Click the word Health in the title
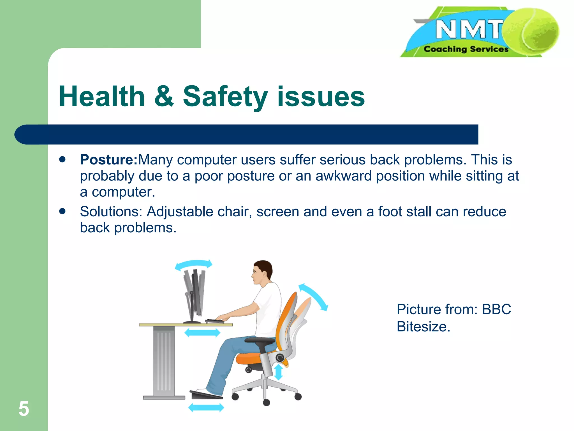click(x=102, y=97)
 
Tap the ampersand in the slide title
click(x=164, y=97)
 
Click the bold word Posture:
click(x=108, y=160)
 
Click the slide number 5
click(x=24, y=409)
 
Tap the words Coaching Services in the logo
click(x=466, y=49)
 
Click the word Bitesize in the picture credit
click(x=423, y=327)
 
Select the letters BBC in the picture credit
click(x=496, y=310)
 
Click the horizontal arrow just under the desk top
click(x=202, y=333)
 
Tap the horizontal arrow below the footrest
click(x=206, y=407)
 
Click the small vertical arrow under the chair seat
click(x=278, y=372)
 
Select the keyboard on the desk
click(x=214, y=321)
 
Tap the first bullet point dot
click(x=62, y=160)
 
